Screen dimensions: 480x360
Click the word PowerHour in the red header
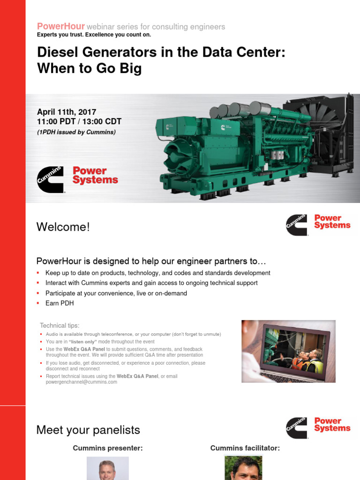pyautogui.click(x=61, y=26)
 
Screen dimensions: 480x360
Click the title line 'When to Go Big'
pyautogui.click(x=89, y=69)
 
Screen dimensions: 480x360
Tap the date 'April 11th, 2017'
pyautogui.click(x=67, y=112)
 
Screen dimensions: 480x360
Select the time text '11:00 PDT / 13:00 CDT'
pyautogui.click(x=79, y=121)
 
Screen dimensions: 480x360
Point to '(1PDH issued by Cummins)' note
pyautogui.click(x=76, y=132)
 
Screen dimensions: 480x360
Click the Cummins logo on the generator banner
pyautogui.click(x=51, y=180)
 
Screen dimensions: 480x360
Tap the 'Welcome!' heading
pyautogui.click(x=63, y=227)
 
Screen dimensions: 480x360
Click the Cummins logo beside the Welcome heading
pyautogui.click(x=297, y=225)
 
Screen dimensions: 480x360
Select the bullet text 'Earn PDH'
pyautogui.click(x=60, y=303)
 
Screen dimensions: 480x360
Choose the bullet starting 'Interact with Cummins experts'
pyautogui.click(x=151, y=283)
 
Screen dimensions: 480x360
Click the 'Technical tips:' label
pyautogui.click(x=60, y=325)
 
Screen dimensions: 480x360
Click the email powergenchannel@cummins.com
pyautogui.click(x=81, y=382)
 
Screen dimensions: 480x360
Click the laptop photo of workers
pyautogui.click(x=288, y=351)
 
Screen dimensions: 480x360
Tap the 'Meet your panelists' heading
pyautogui.click(x=88, y=430)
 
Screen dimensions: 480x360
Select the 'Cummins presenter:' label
pyautogui.click(x=108, y=448)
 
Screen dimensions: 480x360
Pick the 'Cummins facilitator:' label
pyautogui.click(x=245, y=448)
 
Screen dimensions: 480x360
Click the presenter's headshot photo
pyautogui.click(x=107, y=469)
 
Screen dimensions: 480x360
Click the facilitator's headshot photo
pyautogui.click(x=243, y=469)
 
